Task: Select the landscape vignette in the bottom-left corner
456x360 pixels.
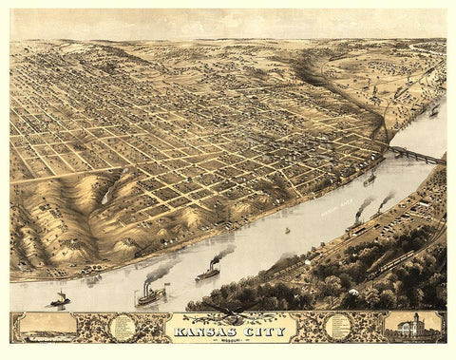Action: tap(48, 326)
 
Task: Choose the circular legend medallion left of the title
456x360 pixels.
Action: tap(122, 328)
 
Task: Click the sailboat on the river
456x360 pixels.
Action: tap(59, 299)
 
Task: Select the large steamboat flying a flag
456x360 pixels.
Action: tap(151, 294)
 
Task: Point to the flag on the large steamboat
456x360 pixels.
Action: tap(167, 284)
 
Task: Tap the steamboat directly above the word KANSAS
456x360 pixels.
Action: tap(208, 274)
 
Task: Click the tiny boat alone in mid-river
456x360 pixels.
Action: tap(287, 230)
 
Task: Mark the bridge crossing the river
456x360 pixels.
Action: tap(416, 153)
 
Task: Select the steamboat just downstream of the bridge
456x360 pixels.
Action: tap(370, 178)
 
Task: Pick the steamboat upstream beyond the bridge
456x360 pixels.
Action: tap(433, 111)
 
